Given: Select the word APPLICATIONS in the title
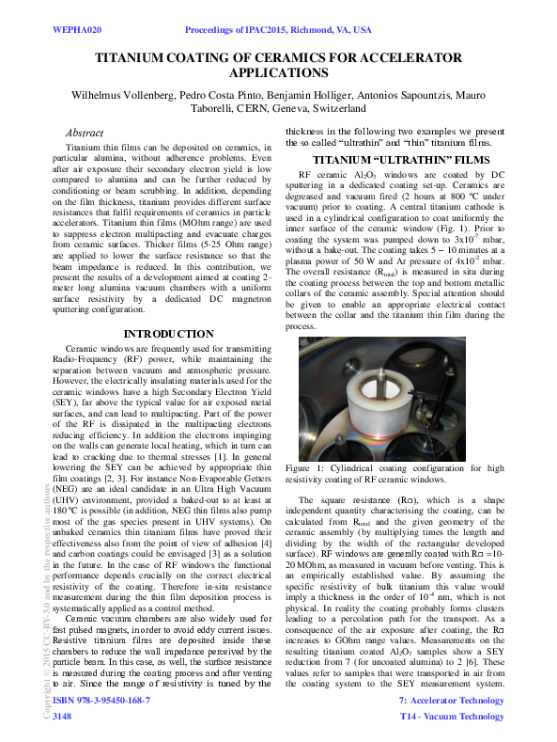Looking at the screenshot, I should pyautogui.click(x=278, y=73).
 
